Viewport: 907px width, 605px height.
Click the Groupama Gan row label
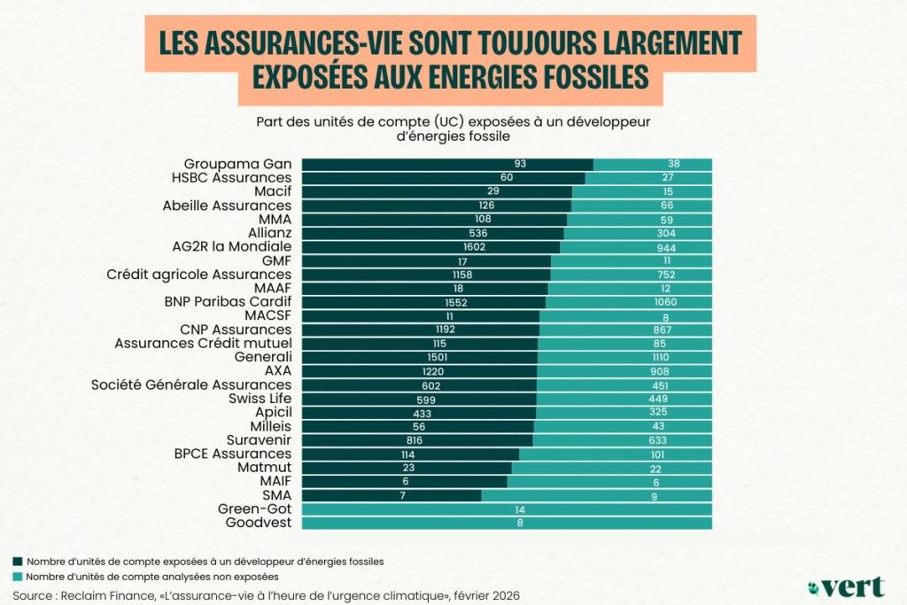[x=237, y=164]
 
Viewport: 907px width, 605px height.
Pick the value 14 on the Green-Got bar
[x=507, y=509]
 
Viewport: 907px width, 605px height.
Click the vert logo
[x=848, y=586]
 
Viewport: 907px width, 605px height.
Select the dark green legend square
[x=18, y=562]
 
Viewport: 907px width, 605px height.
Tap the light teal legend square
[x=18, y=577]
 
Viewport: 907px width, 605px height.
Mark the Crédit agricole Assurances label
[x=199, y=275]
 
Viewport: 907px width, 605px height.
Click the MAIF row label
[x=274, y=481]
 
